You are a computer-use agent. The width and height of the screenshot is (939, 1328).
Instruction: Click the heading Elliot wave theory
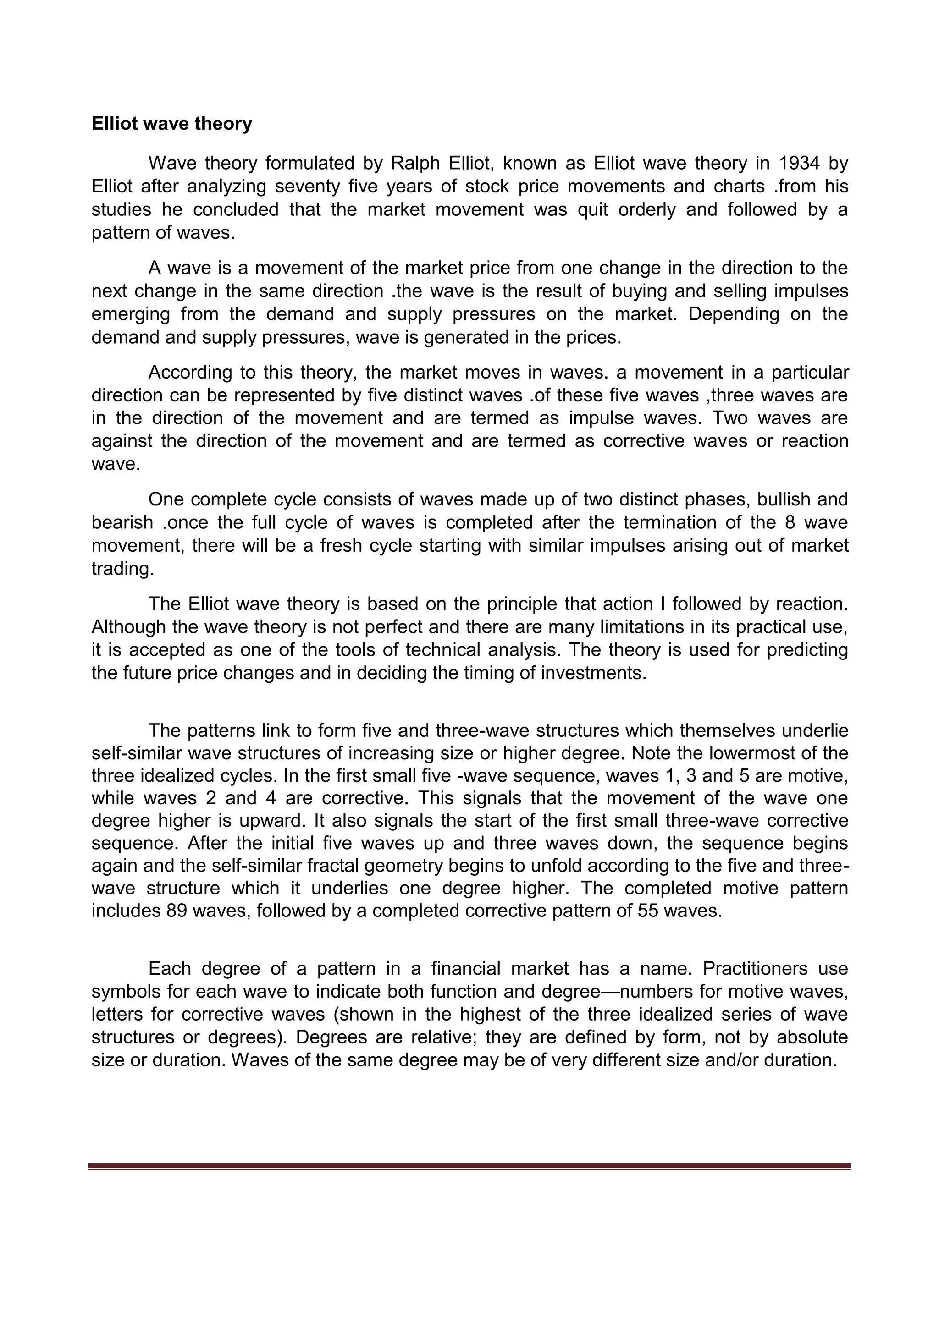(172, 124)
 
